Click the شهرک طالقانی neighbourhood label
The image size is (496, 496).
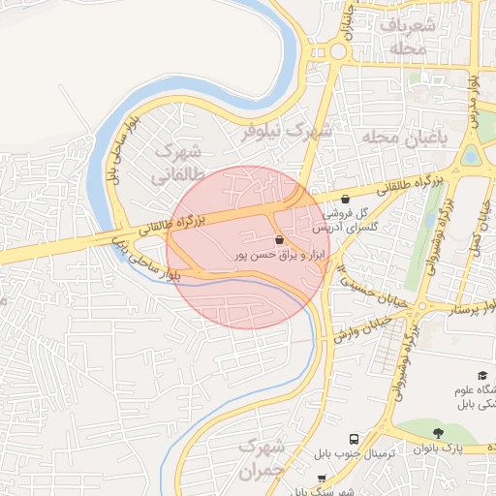point(175,164)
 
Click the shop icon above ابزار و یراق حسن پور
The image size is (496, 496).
point(280,238)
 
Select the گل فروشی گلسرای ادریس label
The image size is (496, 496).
point(345,219)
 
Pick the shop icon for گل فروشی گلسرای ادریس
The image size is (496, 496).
point(346,199)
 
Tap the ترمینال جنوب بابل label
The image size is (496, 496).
point(355,454)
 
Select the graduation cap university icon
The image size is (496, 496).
point(481,375)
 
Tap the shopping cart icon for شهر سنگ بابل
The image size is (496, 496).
point(323,478)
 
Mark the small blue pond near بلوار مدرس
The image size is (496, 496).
point(472,154)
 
